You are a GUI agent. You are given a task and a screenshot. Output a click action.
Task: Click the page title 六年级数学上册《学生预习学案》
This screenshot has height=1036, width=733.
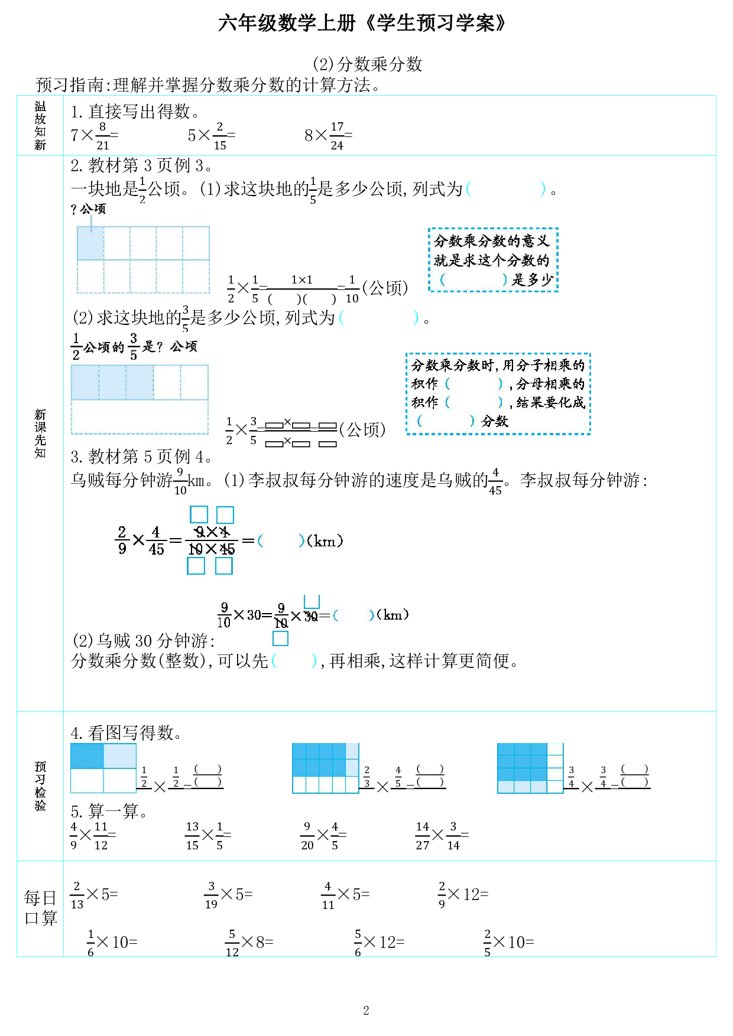coord(362,23)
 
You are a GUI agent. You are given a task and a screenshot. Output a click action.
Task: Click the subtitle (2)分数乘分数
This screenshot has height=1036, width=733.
coord(367,64)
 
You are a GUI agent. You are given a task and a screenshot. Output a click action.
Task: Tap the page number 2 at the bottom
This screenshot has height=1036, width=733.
coord(366,1010)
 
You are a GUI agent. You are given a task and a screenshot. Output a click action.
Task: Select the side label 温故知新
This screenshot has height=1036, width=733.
coord(40,125)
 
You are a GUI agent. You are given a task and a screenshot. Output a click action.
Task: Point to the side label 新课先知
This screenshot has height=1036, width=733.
coord(40,434)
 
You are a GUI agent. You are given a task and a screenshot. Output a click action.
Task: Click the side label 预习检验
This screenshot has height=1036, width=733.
coord(40,786)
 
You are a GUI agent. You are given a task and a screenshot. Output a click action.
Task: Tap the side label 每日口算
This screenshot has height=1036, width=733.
coord(40,908)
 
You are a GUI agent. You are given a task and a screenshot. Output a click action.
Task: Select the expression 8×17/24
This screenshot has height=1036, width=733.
coord(328,136)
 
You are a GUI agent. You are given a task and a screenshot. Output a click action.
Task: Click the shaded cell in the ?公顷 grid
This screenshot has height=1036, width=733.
coord(90,243)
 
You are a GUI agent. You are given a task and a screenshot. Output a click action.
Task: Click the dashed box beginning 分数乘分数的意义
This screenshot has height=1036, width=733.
coord(493,260)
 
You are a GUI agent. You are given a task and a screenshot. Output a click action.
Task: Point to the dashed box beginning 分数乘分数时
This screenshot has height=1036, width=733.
coord(498,393)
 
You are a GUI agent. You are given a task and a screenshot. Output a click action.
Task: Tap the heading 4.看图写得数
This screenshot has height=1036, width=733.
coord(125,733)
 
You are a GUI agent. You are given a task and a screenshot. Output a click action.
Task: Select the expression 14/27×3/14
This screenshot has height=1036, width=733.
coord(441,835)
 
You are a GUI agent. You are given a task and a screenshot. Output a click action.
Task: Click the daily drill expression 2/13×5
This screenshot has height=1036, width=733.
coord(95,895)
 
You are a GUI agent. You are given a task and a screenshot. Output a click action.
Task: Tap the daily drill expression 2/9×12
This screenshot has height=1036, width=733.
coord(463,895)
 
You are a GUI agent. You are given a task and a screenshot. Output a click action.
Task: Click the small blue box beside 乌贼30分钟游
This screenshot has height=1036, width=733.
coord(280,638)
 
